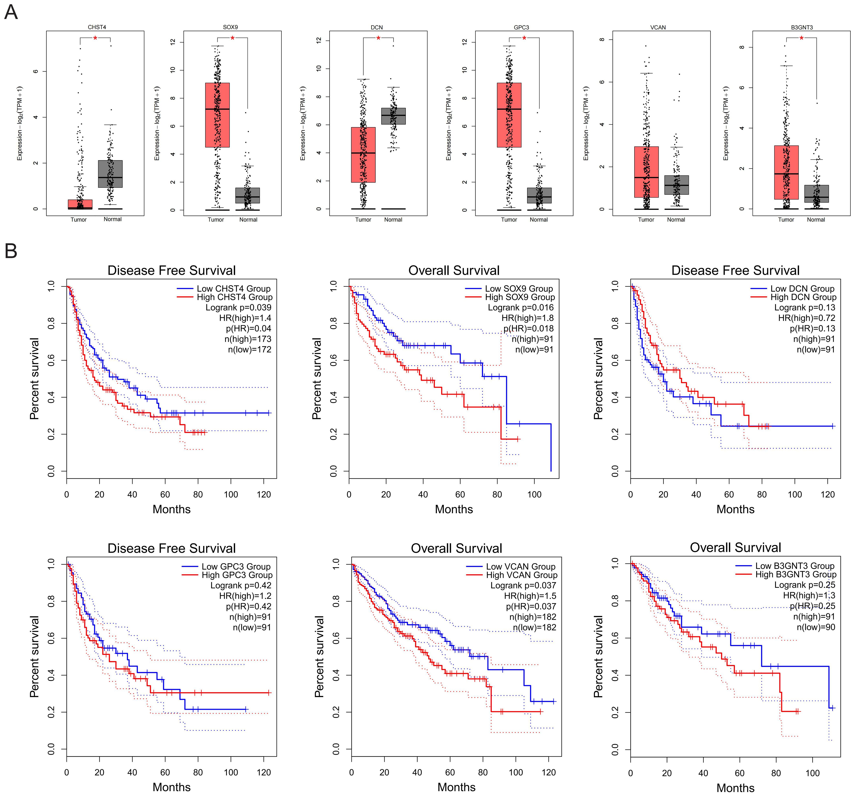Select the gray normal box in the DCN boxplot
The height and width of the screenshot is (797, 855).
tap(393, 116)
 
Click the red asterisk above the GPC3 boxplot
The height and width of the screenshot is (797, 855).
tap(524, 38)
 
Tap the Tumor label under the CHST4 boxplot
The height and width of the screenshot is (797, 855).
tap(79, 220)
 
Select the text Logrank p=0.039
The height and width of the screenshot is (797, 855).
tap(238, 308)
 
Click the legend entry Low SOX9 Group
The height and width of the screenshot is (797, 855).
tap(519, 289)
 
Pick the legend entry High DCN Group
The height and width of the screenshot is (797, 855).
tap(803, 297)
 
